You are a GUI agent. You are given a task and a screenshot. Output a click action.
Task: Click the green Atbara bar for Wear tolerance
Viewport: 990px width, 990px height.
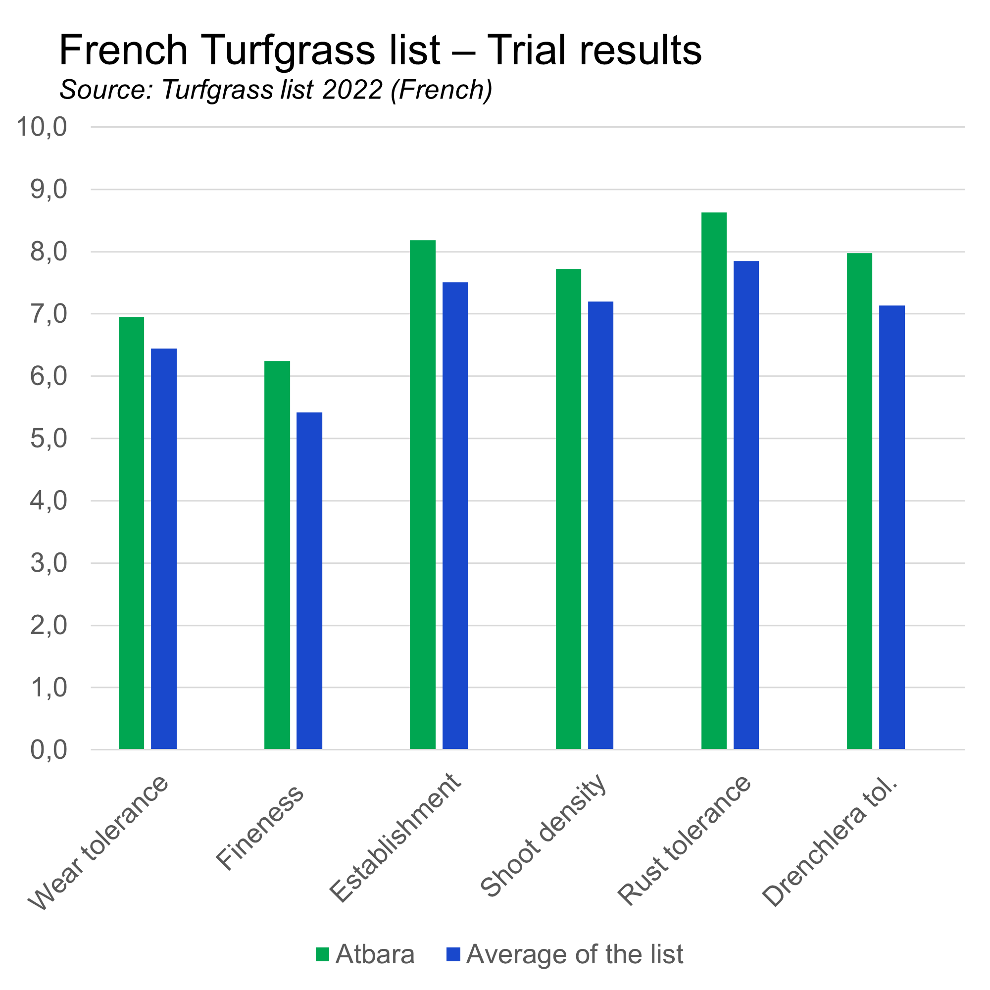pyautogui.click(x=132, y=533)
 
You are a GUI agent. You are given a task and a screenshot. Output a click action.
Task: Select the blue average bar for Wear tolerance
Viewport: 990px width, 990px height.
pyautogui.click(x=164, y=549)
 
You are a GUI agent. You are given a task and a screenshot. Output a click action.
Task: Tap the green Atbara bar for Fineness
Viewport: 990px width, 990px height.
pyautogui.click(x=277, y=555)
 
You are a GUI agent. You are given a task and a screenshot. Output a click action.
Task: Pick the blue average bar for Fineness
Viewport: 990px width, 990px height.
pyautogui.click(x=309, y=581)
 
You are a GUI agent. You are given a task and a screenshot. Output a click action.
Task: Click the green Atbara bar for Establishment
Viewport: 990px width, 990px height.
pyautogui.click(x=423, y=495)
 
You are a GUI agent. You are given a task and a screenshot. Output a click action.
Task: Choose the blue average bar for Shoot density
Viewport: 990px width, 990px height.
pyautogui.click(x=600, y=525)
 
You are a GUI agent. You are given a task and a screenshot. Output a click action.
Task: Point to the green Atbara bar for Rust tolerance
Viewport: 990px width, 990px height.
pyautogui.click(x=714, y=481)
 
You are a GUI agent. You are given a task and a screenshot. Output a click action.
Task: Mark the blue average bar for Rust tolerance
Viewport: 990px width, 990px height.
pyautogui.click(x=746, y=505)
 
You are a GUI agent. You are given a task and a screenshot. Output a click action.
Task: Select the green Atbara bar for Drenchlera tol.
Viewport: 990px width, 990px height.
pyautogui.click(x=859, y=500)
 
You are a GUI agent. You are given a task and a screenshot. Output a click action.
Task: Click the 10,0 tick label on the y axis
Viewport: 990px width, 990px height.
pyautogui.click(x=42, y=127)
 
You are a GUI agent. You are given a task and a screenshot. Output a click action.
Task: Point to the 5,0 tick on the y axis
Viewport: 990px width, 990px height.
pyautogui.click(x=49, y=439)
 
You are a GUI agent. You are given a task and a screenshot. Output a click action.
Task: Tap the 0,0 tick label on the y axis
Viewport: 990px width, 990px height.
pyautogui.click(x=49, y=749)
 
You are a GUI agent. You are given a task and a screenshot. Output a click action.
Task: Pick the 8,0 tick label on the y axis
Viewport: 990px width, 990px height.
pyautogui.click(x=49, y=251)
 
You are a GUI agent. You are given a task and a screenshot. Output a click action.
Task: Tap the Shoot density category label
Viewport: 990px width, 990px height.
pyautogui.click(x=544, y=835)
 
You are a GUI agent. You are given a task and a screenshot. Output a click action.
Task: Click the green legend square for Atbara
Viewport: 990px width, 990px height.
pyautogui.click(x=322, y=954)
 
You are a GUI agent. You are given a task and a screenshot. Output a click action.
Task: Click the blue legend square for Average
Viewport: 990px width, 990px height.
pyautogui.click(x=453, y=954)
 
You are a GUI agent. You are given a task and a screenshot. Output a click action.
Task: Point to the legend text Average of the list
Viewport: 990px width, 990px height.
pyautogui.click(x=574, y=954)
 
